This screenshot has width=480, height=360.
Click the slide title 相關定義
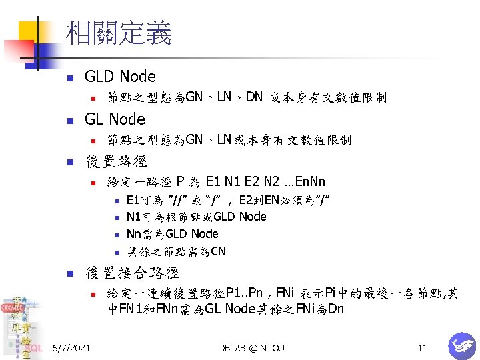pos(119,33)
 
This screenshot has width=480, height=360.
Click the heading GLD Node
pos(120,77)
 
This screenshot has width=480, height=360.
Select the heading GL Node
pos(115,119)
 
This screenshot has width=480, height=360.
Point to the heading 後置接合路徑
pos(132,272)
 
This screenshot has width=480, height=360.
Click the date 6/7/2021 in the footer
pos(71,348)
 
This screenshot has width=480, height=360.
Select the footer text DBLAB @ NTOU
pos(251,348)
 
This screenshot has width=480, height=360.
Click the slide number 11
pos(421,348)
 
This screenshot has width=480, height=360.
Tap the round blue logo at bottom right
pos(461,345)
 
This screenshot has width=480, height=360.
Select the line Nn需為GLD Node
pos(172,234)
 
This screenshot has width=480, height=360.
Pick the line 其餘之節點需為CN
pos(176,251)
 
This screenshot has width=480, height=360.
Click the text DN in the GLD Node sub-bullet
pos(254,97)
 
